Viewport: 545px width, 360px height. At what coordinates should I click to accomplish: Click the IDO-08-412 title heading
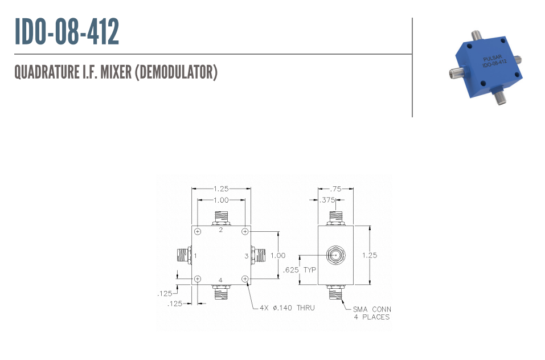67,32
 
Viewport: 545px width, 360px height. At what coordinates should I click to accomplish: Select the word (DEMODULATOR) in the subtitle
176,72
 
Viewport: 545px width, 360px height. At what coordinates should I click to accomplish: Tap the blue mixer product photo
486,67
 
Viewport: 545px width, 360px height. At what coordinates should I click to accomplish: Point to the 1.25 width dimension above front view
221,189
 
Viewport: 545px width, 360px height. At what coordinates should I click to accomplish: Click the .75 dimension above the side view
335,189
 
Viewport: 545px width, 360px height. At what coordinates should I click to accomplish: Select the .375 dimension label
327,200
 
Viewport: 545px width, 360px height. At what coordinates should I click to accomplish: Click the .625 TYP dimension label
299,270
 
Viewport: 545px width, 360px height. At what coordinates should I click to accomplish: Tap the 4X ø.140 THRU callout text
287,308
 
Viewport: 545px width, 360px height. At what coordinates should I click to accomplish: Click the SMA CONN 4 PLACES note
372,313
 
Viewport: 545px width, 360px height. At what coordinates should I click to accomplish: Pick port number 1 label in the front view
195,256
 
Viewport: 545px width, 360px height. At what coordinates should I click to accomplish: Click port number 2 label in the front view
221,230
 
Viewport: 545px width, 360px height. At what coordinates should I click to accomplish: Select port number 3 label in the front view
247,256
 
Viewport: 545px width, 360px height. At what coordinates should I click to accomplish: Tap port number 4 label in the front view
220,280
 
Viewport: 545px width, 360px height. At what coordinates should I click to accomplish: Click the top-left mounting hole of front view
198,231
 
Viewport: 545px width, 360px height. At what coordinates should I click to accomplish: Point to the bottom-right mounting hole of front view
245,279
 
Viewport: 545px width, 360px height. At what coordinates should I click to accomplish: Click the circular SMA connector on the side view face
336,255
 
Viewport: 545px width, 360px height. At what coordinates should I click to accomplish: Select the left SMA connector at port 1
184,255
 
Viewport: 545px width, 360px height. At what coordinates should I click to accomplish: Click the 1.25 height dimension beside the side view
370,255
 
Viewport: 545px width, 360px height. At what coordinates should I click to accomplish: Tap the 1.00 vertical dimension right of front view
278,255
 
